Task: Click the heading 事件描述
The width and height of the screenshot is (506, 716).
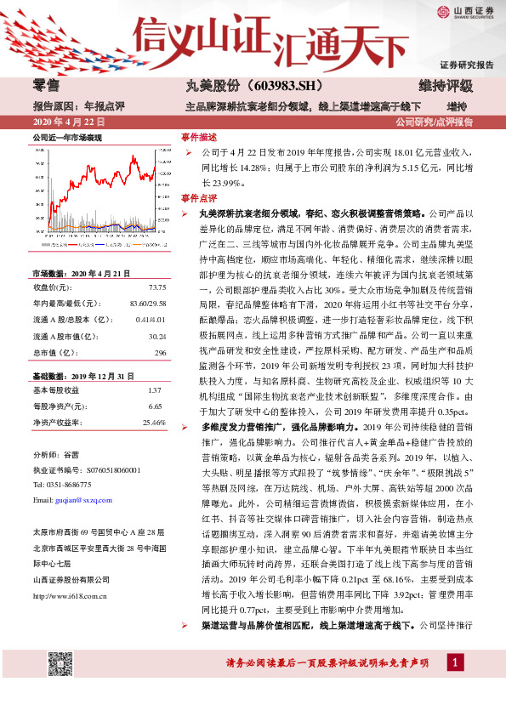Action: (x=199, y=136)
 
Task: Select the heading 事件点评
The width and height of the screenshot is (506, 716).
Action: (x=199, y=198)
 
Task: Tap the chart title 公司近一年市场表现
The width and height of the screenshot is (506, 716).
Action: (x=67, y=137)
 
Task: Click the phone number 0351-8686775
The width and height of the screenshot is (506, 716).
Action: (x=69, y=484)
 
